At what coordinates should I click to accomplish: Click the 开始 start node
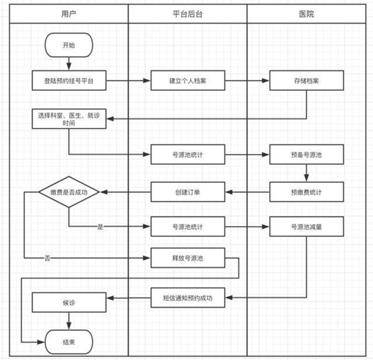[x=69, y=45]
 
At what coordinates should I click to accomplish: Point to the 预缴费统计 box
[x=306, y=192]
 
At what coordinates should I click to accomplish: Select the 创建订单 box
[x=186, y=192]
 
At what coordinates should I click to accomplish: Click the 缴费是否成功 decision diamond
[x=69, y=192]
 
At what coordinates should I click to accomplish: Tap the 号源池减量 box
[x=306, y=227]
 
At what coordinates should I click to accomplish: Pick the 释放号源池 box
[x=186, y=258]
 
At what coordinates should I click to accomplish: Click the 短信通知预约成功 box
[x=186, y=297]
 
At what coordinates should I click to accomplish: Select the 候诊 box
[x=69, y=303]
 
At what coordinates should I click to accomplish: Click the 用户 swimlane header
[x=69, y=13]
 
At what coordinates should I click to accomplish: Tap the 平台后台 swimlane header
[x=186, y=13]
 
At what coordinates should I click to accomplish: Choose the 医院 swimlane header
[x=306, y=13]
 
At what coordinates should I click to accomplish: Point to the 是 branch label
[x=100, y=227]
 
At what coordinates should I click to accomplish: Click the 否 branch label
[x=46, y=258]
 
